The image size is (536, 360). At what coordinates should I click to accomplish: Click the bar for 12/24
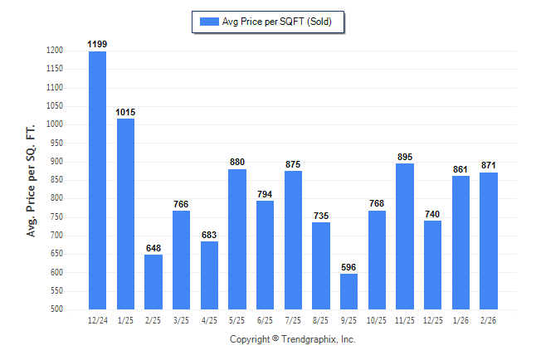coord(97,180)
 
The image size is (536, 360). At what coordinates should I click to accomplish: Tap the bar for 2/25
coord(153,282)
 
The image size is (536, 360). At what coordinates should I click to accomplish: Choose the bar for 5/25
coord(237,239)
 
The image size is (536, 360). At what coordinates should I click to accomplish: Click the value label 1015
coord(125,112)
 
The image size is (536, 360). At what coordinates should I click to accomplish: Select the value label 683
coord(209,235)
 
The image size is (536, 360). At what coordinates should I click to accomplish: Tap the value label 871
coord(489,166)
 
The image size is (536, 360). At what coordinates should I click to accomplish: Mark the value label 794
coord(266,194)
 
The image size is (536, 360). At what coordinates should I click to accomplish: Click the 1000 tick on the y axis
coord(54,124)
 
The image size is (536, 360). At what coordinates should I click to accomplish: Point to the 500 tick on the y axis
coord(56,309)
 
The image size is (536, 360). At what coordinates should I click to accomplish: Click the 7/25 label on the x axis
coord(293,319)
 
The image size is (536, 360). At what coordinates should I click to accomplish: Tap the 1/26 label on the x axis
coord(460,319)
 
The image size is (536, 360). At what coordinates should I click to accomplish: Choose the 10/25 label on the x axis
coord(377,319)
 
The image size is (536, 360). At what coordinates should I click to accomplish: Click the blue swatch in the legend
coord(207,22)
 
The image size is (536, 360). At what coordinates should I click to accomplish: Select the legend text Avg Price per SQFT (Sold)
coord(276,22)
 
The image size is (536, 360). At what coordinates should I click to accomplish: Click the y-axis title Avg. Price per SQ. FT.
coord(31,180)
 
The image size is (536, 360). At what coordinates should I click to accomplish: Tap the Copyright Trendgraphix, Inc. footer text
coord(292,339)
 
